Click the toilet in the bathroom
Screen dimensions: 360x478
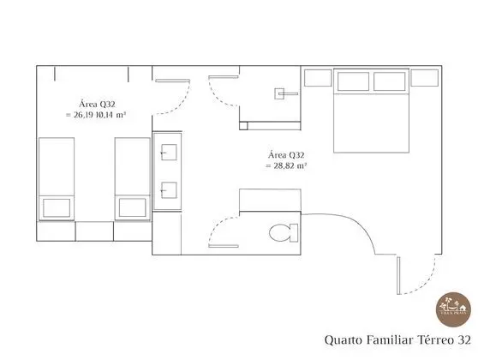point(280,231)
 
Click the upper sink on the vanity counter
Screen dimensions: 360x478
point(168,154)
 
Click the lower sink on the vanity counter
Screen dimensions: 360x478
point(168,189)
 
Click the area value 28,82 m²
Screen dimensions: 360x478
point(287,165)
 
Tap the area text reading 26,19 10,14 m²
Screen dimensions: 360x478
point(95,112)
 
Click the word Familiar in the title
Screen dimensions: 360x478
point(373,339)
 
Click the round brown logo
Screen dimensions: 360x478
point(451,306)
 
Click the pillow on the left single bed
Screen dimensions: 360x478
point(57,207)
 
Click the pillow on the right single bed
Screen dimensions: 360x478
point(132,207)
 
